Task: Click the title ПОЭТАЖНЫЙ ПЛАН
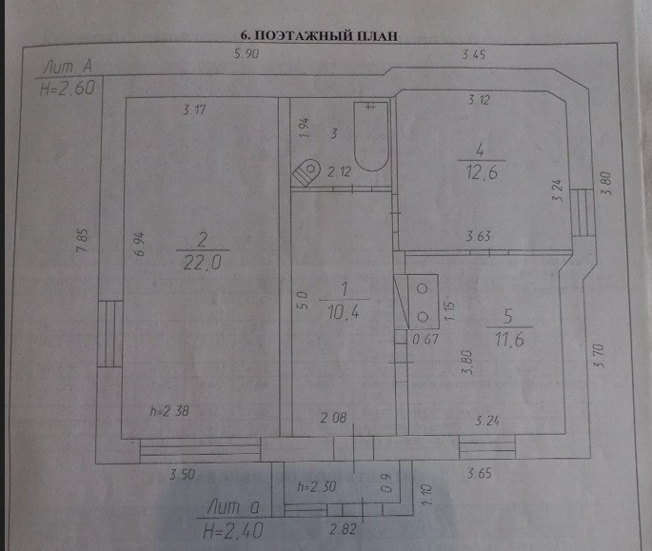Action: pyautogui.click(x=320, y=34)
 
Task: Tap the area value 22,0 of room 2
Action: pyautogui.click(x=202, y=266)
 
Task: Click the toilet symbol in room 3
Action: pyautogui.click(x=307, y=171)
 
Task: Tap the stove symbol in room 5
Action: pyautogui.click(x=423, y=301)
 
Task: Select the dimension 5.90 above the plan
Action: pyautogui.click(x=246, y=55)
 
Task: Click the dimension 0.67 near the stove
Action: pyautogui.click(x=423, y=338)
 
